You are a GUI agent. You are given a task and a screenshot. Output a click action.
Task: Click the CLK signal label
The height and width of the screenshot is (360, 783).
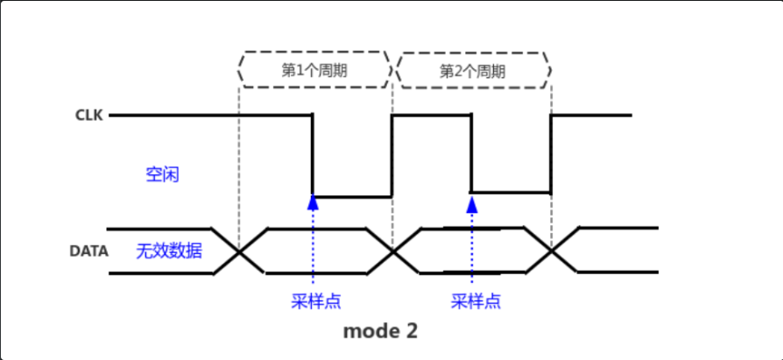click(88, 115)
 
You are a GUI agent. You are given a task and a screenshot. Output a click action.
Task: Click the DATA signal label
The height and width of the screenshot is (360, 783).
click(89, 251)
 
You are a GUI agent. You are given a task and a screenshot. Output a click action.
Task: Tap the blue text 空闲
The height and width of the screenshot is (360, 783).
click(162, 174)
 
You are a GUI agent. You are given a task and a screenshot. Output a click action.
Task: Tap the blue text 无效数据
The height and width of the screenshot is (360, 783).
click(169, 251)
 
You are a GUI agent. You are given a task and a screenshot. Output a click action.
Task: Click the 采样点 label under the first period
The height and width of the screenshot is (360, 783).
click(315, 301)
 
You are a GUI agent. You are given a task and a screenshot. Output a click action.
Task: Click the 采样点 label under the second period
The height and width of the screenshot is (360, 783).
click(476, 301)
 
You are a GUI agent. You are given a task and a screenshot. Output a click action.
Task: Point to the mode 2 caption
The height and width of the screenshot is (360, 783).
click(379, 331)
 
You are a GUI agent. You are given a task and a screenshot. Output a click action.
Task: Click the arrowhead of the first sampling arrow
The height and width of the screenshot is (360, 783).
click(313, 202)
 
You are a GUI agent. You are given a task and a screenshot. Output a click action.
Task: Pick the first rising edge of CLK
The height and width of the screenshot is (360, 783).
click(391, 155)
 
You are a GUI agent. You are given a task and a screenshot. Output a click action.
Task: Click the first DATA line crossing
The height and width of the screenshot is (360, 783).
click(239, 251)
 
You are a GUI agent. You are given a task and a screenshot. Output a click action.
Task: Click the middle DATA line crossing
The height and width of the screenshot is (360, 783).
click(393, 251)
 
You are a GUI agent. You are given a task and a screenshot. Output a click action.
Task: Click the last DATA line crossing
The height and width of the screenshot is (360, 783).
click(552, 251)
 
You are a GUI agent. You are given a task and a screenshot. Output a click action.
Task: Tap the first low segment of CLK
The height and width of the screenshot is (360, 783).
click(352, 195)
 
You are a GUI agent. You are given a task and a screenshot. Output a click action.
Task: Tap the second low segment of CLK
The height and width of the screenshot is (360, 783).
click(511, 192)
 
